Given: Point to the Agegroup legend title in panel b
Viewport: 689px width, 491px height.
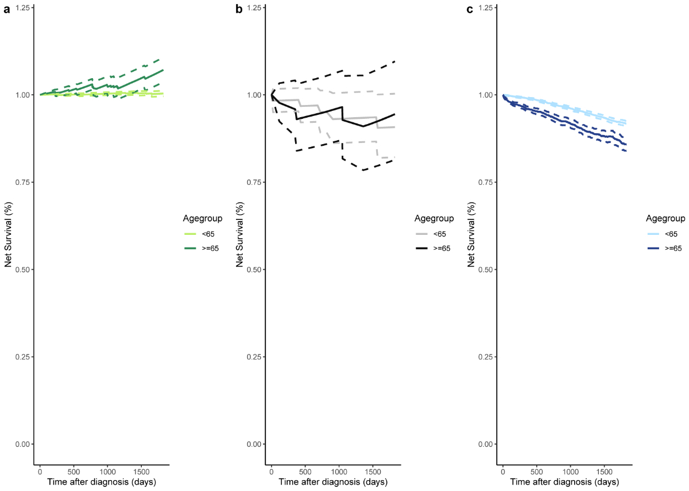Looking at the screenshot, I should (434, 218).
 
